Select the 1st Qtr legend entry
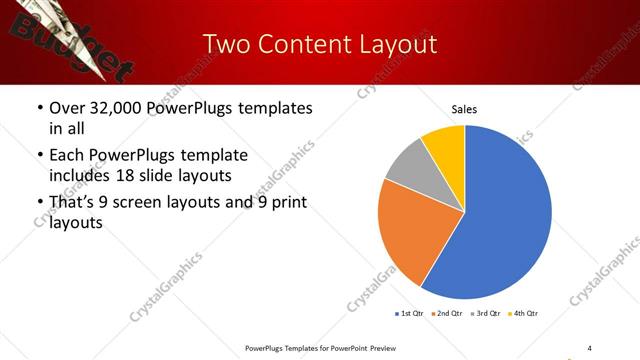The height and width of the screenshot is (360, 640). coord(410,314)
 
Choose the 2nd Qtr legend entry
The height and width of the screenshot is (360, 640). coord(448,314)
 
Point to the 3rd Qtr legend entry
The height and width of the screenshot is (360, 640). coord(487,314)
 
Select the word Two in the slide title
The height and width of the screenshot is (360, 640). coord(225,44)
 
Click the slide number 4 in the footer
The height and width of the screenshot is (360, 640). coord(589,347)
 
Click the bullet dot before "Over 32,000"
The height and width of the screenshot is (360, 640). coord(39,108)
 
